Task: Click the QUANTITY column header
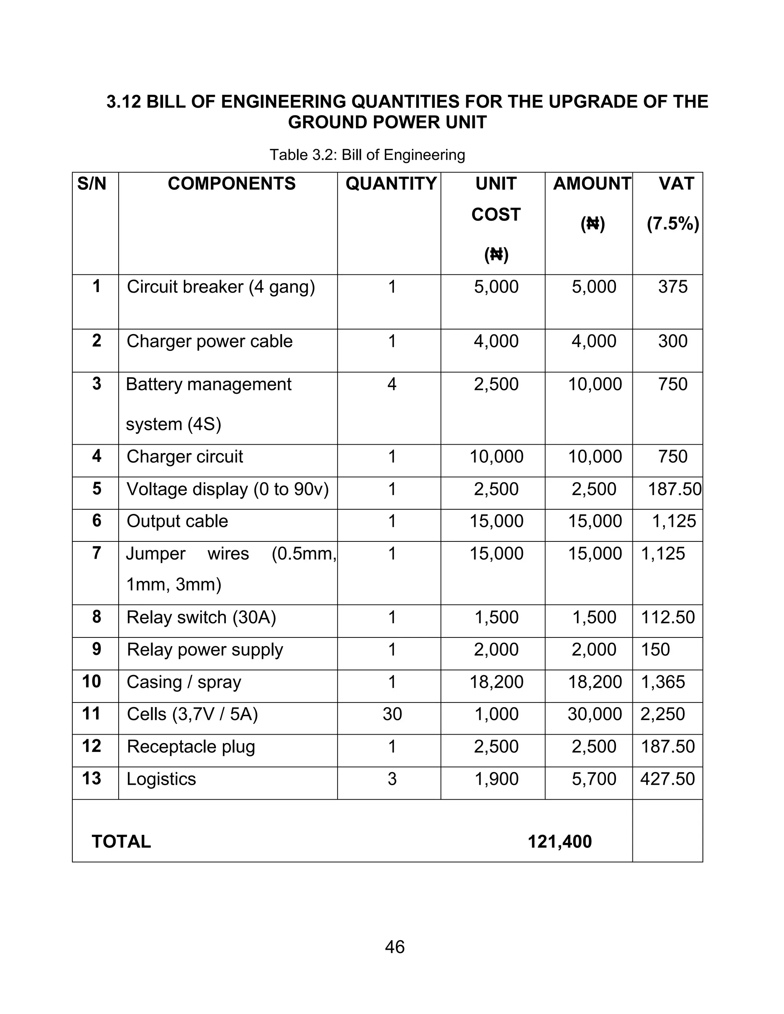pos(391,184)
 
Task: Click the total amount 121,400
pos(560,842)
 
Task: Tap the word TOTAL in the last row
pos(121,842)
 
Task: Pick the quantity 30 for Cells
pos(392,714)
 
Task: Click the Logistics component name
pos(161,779)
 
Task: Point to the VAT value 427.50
pos(667,779)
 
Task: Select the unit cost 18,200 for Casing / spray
pos(496,682)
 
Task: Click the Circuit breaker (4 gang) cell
pos(220,287)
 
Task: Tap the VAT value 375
pos(673,287)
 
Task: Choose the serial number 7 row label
pos(96,553)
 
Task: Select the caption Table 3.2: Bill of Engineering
pos(367,155)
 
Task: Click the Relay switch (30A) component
pos(201,618)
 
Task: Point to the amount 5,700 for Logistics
pos(594,779)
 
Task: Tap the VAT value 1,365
pos(663,682)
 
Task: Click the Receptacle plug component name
pos(191,747)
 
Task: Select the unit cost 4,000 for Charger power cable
pos(496,341)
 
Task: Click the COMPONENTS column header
pos(231,184)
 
